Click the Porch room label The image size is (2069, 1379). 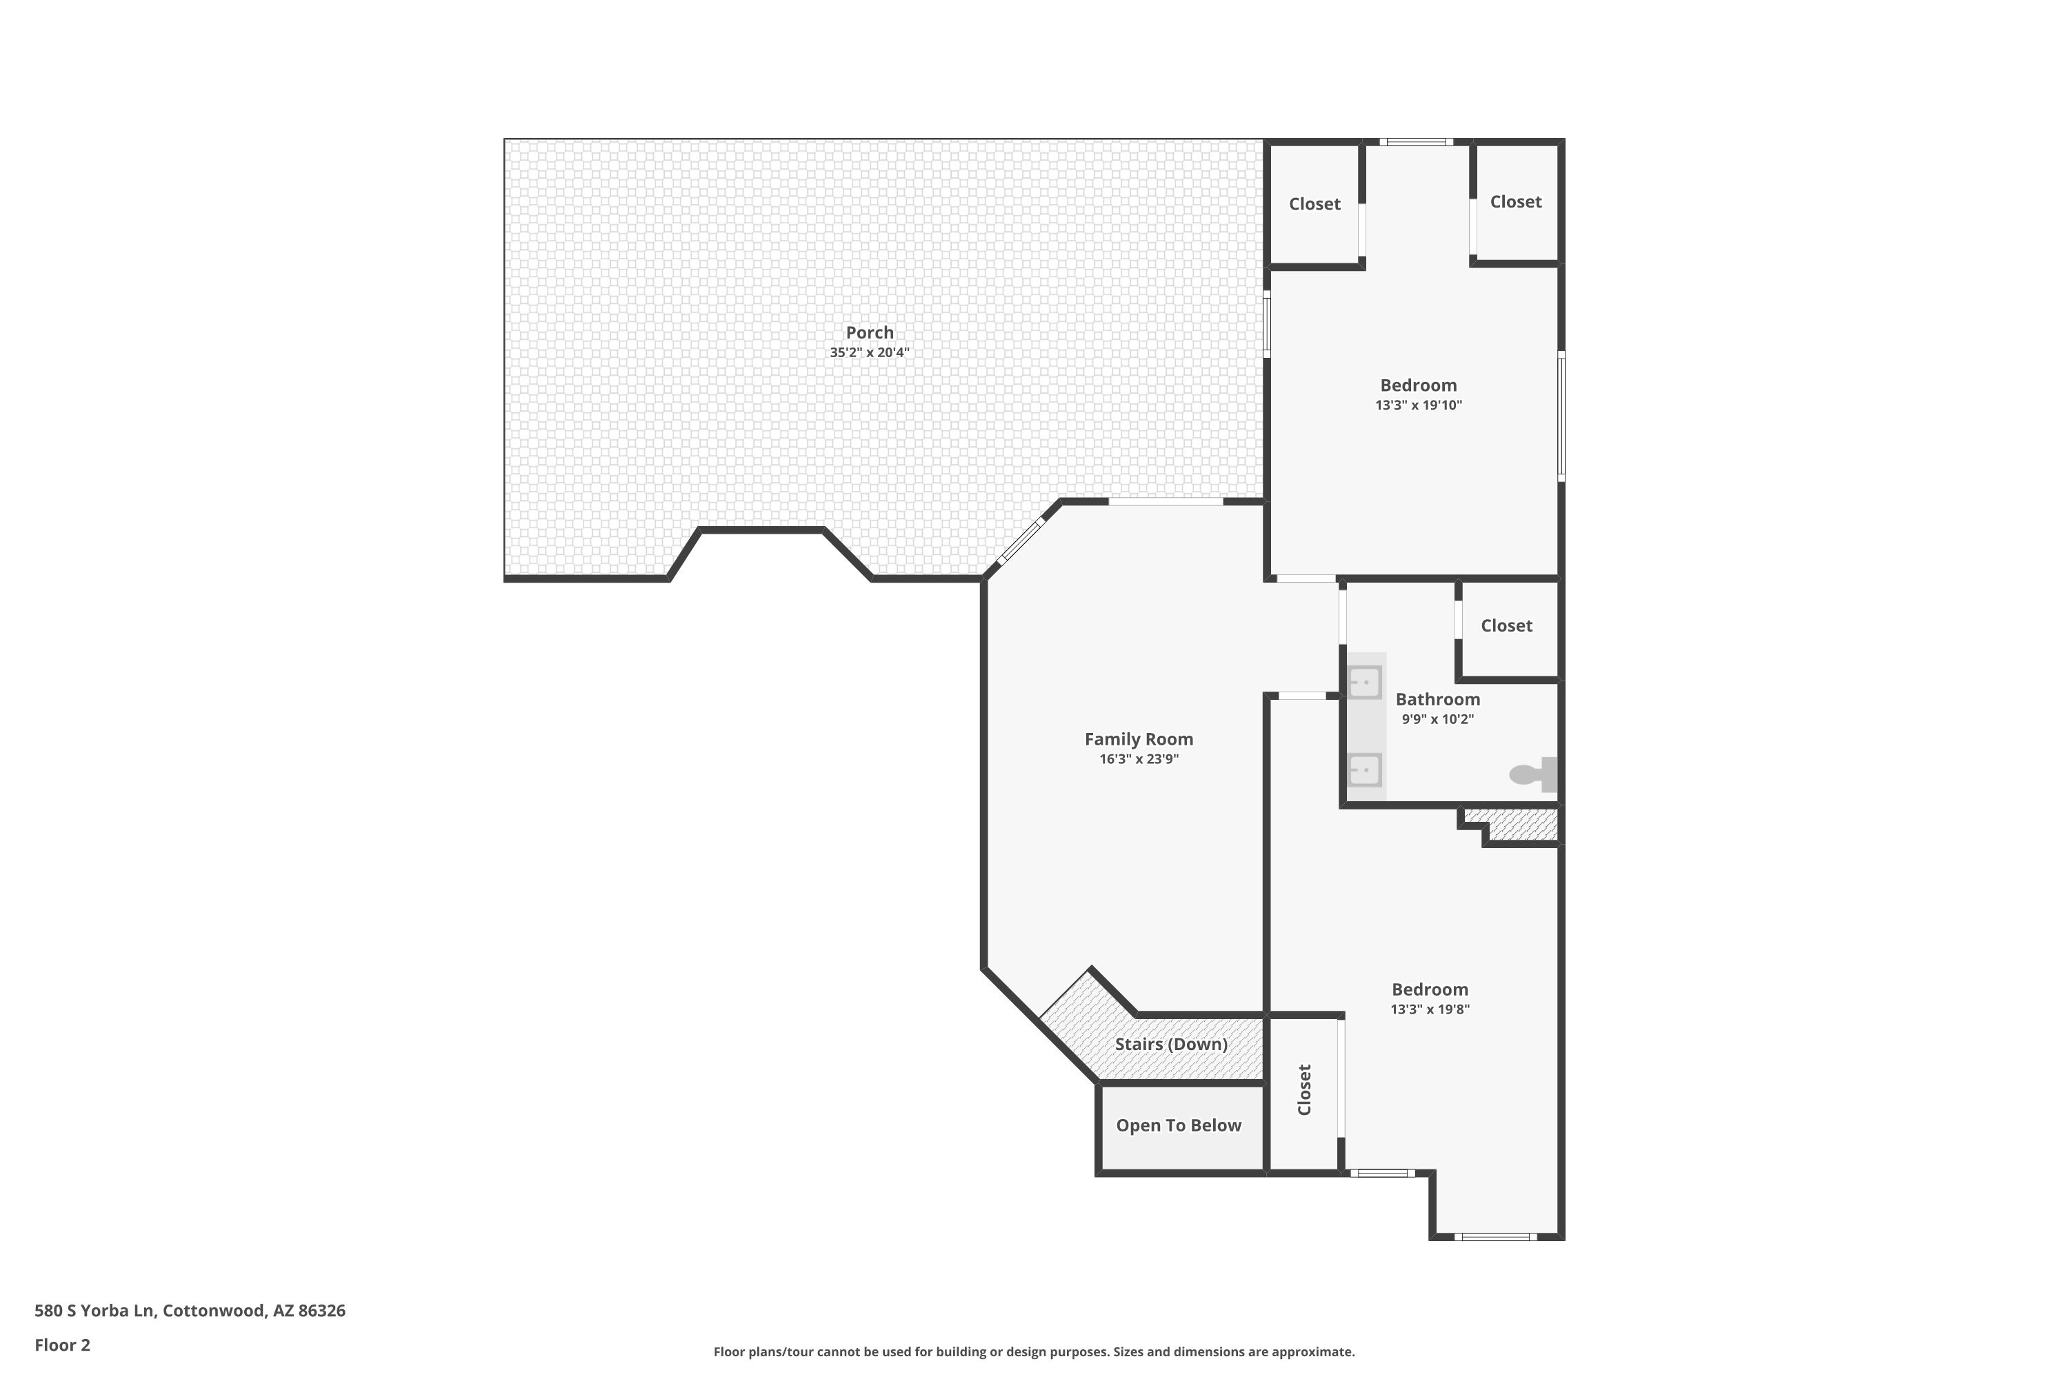click(869, 332)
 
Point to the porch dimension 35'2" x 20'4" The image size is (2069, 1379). click(869, 352)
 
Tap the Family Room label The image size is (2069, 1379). click(1139, 740)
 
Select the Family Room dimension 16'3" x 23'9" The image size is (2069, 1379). click(1139, 759)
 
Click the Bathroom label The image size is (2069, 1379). click(1437, 699)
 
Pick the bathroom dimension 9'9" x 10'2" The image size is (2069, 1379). click(1437, 718)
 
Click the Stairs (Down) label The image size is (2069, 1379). click(1171, 1044)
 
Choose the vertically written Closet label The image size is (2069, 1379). click(1305, 1089)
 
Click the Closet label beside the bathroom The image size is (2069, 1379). click(1506, 625)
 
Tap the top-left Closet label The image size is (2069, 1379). click(1315, 204)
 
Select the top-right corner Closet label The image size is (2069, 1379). click(1516, 201)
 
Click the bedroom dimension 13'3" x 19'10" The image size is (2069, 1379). click(1418, 405)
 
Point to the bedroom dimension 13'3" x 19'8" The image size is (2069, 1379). click(1430, 1009)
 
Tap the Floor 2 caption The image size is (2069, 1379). click(63, 1345)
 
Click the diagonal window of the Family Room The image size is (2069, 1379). click(1021, 541)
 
